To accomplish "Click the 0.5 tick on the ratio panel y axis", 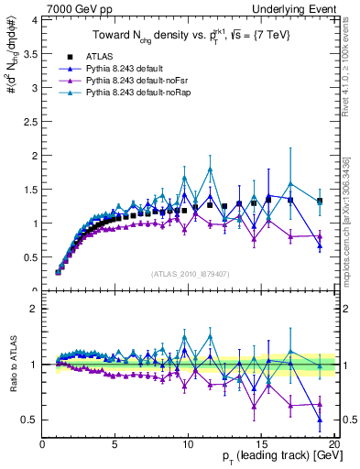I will (x=29, y=420).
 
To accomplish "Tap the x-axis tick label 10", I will (x=187, y=445).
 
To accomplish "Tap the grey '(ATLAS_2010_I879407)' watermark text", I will (x=189, y=273).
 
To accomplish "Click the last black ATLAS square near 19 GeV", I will (x=319, y=201).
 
